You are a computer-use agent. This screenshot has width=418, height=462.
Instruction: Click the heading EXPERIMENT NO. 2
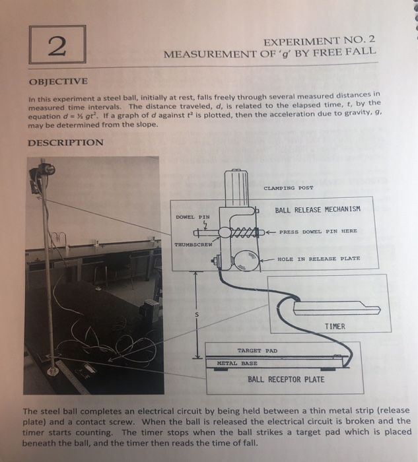click(320, 38)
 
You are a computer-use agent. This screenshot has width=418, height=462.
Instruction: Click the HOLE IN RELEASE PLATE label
click(318, 259)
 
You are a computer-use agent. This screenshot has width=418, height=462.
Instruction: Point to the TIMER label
click(337, 326)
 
